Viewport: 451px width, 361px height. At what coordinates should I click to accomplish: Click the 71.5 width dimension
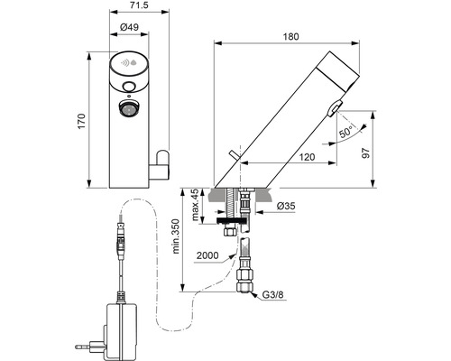pyautogui.click(x=140, y=5)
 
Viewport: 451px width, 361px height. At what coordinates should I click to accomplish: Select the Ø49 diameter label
pyautogui.click(x=129, y=27)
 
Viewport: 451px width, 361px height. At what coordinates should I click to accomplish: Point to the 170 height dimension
pyautogui.click(x=82, y=121)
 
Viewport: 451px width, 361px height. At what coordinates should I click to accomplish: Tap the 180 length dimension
pyautogui.click(x=290, y=37)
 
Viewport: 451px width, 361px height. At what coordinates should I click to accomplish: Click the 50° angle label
pyautogui.click(x=345, y=132)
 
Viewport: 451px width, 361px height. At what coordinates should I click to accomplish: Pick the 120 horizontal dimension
pyautogui.click(x=307, y=157)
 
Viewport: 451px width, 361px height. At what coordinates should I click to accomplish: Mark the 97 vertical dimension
pyautogui.click(x=365, y=153)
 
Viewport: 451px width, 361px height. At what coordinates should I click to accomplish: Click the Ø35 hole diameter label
pyautogui.click(x=286, y=206)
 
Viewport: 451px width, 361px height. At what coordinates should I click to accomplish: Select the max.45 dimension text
pyautogui.click(x=195, y=205)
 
